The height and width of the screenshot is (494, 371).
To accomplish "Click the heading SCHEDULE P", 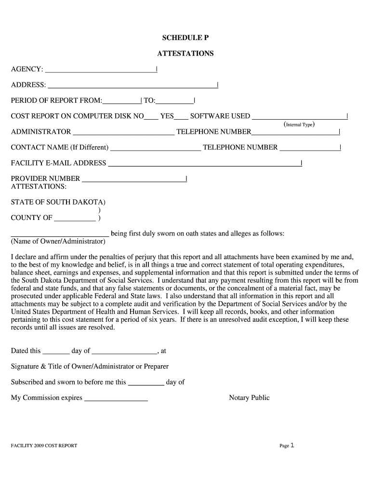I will coord(185,38).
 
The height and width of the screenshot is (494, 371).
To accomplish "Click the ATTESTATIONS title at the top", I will coord(185,54).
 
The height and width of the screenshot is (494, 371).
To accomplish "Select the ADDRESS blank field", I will coord(132,86).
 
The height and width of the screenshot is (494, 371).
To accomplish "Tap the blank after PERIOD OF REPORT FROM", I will coord(121,101).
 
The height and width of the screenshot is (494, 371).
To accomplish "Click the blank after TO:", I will coord(174,101).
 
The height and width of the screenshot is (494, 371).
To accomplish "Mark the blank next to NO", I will coord(151,117).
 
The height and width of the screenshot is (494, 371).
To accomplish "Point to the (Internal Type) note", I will coord(299,124).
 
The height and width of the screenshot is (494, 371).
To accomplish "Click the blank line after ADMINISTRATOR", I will coord(123,132).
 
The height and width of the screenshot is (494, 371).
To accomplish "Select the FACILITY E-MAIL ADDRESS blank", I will coord(204,164).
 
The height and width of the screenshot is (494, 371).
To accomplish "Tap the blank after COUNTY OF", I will coord(75,218).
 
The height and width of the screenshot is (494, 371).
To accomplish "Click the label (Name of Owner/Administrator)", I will coord(58,241).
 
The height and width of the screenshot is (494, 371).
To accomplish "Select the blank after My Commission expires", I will coord(116,399).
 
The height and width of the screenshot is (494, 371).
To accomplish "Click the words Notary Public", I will coord(249,398).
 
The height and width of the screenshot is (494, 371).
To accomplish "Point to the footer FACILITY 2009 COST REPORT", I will coord(44,446).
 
